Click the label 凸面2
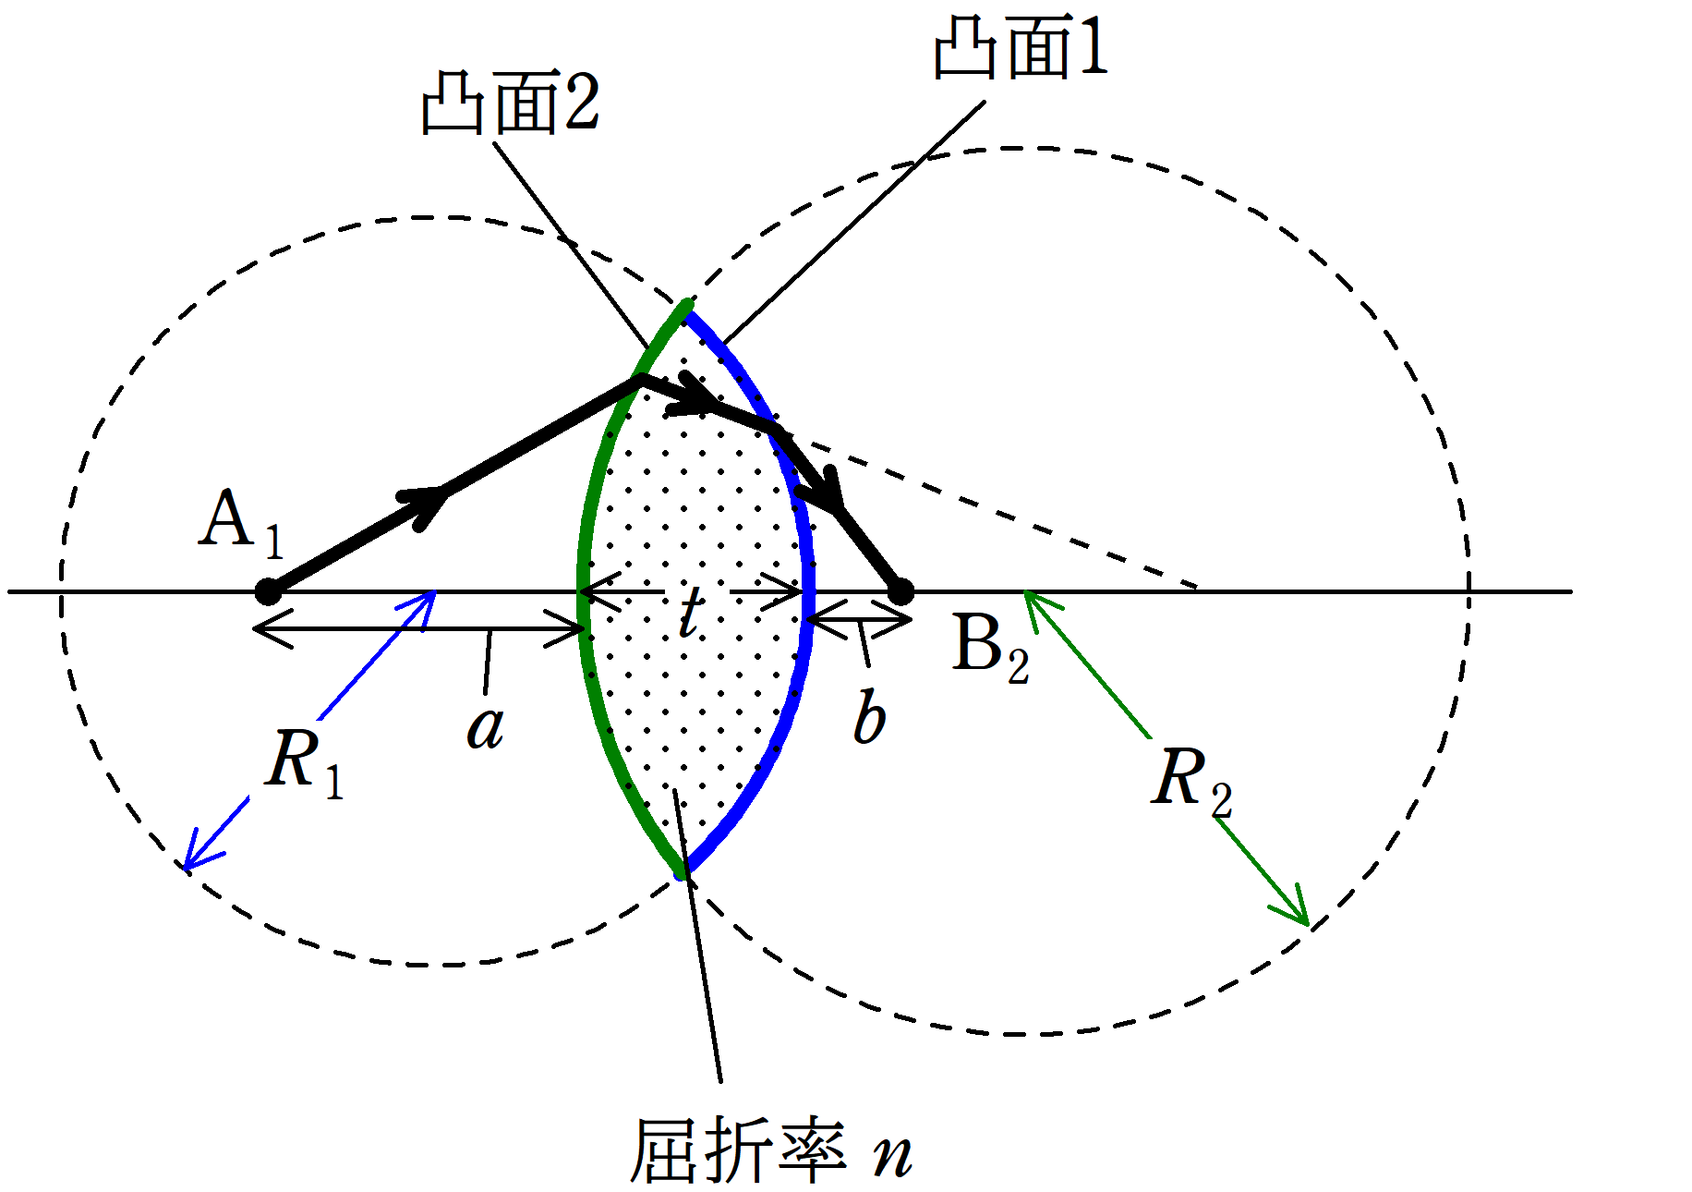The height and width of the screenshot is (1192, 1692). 511,103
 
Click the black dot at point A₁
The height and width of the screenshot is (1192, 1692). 268,591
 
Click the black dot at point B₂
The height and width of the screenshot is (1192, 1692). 900,591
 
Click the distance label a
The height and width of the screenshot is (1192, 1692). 486,728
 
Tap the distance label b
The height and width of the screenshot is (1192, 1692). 869,716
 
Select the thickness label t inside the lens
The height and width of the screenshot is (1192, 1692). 691,610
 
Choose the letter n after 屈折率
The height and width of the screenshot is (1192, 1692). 893,1156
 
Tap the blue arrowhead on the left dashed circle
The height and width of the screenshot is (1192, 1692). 198,851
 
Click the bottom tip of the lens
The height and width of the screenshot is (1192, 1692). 682,874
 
